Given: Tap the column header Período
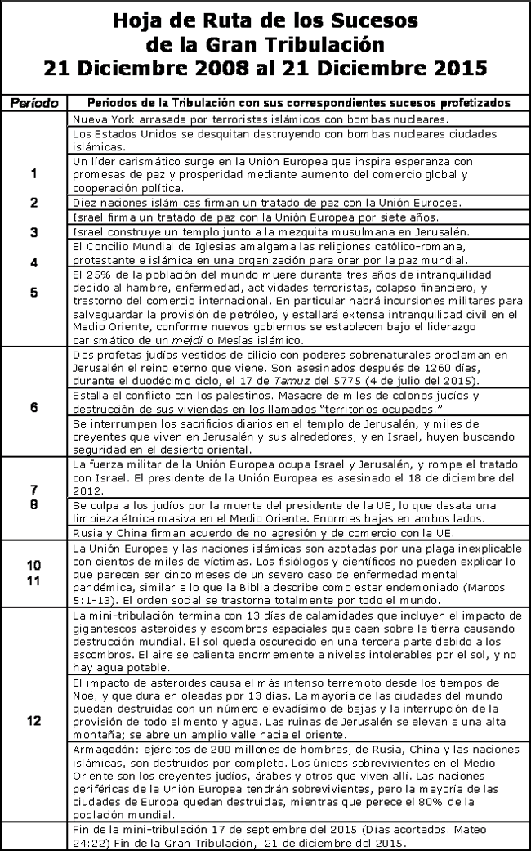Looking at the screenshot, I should click(33, 103).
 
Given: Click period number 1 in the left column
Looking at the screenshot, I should click(33, 173).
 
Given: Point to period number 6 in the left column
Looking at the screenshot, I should click(33, 406).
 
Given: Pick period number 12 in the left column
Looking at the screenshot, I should click(33, 720).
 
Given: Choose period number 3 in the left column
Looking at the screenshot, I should click(33, 232).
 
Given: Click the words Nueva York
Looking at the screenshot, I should click(97, 119).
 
